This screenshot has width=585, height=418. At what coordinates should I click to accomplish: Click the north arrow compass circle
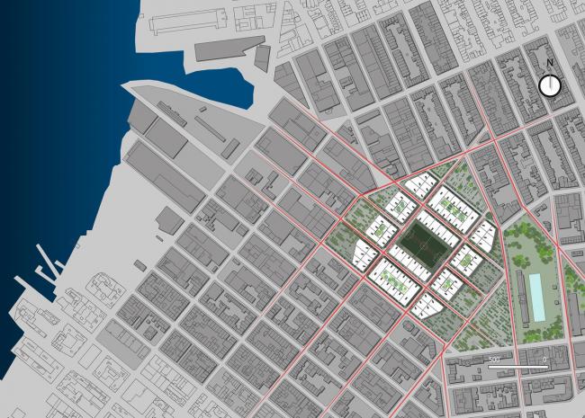click(549, 85)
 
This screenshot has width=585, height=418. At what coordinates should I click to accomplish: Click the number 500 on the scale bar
click(493, 360)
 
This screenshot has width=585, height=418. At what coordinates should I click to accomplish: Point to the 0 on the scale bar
click(544, 360)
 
